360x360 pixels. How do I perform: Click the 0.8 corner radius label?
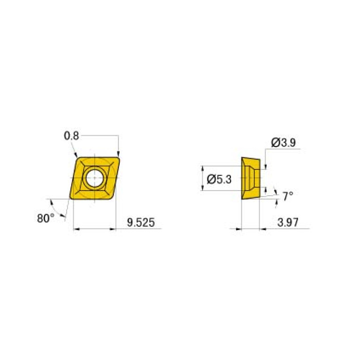[x=71, y=136]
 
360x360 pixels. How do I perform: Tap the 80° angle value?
[x=46, y=218]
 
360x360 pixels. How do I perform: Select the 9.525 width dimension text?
[x=141, y=222]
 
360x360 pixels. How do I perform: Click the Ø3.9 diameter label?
[x=283, y=142]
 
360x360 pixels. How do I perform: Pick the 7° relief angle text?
[x=288, y=196]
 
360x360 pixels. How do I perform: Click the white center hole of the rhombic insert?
[x=94, y=178]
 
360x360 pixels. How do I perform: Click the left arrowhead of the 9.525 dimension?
[x=77, y=229]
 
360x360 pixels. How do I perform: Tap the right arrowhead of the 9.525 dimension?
[x=113, y=229]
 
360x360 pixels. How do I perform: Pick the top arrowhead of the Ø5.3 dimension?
[x=202, y=168]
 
